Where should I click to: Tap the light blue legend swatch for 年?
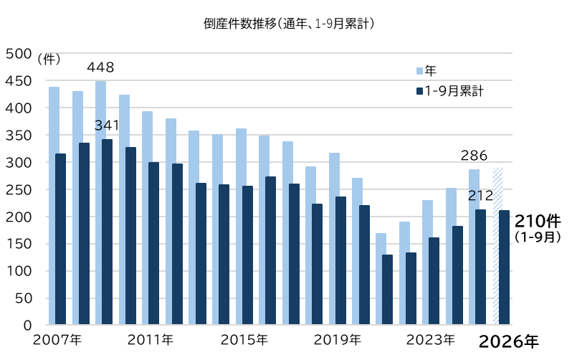point(419,71)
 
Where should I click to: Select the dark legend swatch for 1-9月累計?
point(419,91)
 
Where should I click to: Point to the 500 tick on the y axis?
point(19,54)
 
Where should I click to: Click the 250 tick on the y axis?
point(19,190)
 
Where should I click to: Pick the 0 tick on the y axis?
point(28,326)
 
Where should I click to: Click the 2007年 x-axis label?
point(57,340)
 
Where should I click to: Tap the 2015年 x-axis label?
point(244,340)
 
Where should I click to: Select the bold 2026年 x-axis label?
point(508,342)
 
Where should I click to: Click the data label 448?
point(100,67)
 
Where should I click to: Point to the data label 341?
point(107,125)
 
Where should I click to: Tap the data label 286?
point(474,156)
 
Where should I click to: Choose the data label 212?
point(480,196)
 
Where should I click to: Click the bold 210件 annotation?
point(538,221)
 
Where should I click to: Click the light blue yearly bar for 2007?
point(54,206)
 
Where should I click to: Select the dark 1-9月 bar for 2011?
point(153,243)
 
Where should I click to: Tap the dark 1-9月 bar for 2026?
point(504,267)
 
